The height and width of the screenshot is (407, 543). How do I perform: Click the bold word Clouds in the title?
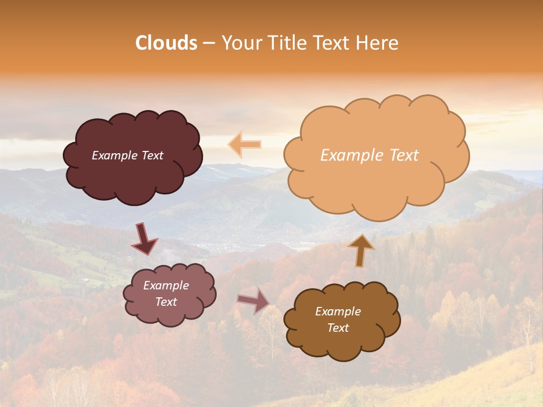[166, 43]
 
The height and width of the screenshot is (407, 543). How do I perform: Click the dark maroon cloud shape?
[132, 175]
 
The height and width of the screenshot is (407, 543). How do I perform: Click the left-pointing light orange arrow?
[245, 145]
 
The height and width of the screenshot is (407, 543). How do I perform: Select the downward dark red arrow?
[144, 239]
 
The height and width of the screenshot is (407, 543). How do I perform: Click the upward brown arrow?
[360, 250]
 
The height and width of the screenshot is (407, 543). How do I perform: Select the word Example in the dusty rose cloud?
[166, 285]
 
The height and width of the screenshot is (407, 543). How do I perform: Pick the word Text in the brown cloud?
[338, 328]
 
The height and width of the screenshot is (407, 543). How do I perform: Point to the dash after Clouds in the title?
[209, 43]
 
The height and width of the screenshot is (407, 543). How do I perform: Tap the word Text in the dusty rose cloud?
[166, 302]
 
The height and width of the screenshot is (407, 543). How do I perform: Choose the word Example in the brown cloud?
[338, 311]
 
